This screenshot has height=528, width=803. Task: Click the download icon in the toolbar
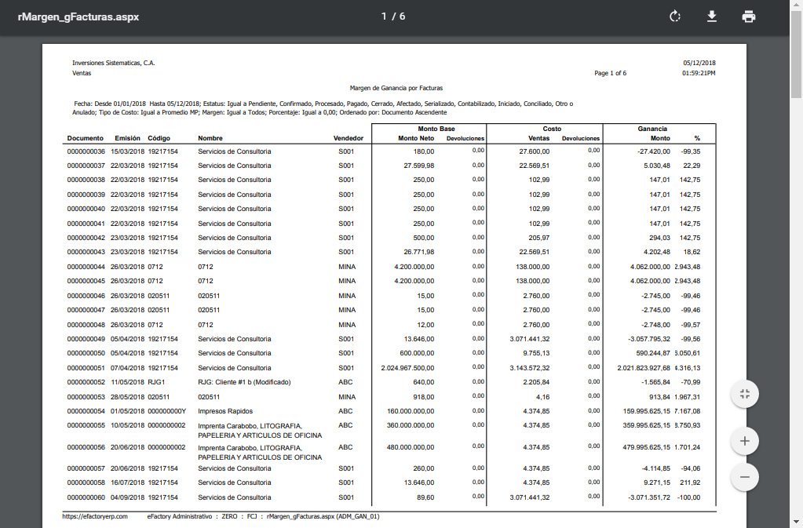[x=712, y=16]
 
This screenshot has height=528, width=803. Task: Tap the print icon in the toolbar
[x=749, y=16]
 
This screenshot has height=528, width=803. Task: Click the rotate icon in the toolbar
[x=674, y=16]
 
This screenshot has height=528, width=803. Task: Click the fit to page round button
[x=744, y=394]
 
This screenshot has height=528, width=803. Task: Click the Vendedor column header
[x=349, y=138]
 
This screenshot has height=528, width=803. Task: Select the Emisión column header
[x=128, y=138]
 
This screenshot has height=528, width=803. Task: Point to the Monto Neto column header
[x=417, y=138]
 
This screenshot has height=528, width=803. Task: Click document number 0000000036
[x=86, y=151]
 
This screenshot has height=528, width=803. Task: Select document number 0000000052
[x=86, y=382]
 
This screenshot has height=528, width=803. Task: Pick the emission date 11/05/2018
[x=128, y=382]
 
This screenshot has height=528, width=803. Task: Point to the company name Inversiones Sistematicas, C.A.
[x=114, y=63]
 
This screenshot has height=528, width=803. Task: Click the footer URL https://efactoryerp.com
[x=95, y=516]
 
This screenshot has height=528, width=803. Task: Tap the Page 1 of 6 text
[x=610, y=73]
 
